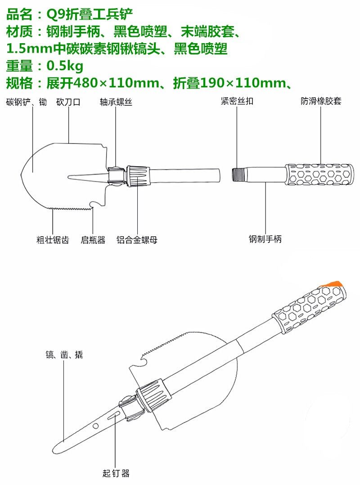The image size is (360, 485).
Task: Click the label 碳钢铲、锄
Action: pyautogui.click(x=26, y=102)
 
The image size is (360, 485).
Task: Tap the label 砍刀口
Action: pyautogui.click(x=68, y=102)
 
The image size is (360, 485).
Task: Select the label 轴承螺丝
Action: pyautogui.click(x=116, y=102)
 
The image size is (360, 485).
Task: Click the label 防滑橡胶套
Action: pyautogui.click(x=321, y=101)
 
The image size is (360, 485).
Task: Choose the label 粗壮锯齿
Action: pyautogui.click(x=53, y=240)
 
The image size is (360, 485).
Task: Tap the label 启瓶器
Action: pyautogui.click(x=93, y=240)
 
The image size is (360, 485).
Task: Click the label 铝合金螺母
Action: pyautogui.click(x=137, y=240)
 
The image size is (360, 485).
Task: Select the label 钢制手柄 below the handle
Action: pyautogui.click(x=265, y=239)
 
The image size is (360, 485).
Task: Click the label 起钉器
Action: pyautogui.click(x=116, y=473)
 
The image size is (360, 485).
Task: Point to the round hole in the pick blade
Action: pyautogui.click(x=95, y=425)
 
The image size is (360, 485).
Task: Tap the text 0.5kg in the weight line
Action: pyautogui.click(x=65, y=66)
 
